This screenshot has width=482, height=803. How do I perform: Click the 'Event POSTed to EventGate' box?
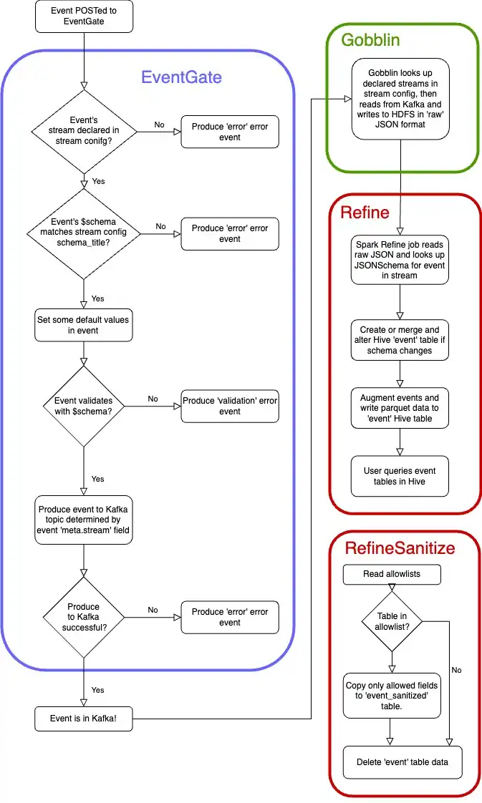coord(84,16)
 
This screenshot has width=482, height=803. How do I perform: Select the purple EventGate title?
coord(181,77)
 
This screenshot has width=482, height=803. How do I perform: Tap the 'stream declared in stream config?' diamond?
coord(85,131)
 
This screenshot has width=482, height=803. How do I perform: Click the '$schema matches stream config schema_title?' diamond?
coord(85,233)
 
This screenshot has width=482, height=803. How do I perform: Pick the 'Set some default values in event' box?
coord(84,325)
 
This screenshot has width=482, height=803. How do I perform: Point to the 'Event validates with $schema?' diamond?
coord(85,407)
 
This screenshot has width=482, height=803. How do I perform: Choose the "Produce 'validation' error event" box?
coord(229,407)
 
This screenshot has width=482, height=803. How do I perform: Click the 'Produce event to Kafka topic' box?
coord(84,520)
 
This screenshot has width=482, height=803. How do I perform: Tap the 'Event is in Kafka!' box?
coord(84,719)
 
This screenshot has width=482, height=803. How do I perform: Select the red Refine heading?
coord(365,212)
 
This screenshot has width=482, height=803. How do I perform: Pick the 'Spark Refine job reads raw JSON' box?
coord(400,260)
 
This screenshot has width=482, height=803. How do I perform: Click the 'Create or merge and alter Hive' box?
coord(400,341)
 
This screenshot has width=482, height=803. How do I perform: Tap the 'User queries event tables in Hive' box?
coord(400,476)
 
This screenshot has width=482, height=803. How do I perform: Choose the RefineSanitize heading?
coord(400,548)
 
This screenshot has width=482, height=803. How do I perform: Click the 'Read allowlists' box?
coord(391,574)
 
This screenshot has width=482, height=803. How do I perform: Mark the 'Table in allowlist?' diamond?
coord(391,620)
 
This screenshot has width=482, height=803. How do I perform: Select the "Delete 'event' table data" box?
coord(402,761)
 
